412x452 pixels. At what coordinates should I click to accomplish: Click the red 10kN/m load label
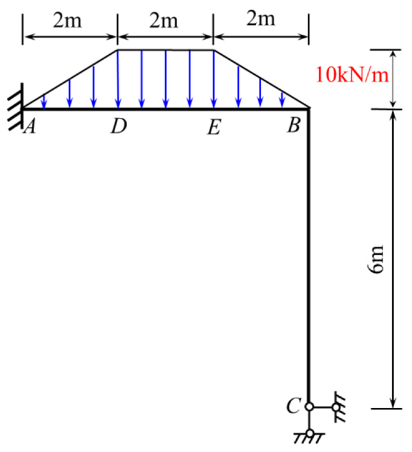[x=352, y=74]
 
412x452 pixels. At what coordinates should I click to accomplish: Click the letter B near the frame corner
[x=294, y=125]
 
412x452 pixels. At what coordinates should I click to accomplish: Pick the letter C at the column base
[x=293, y=405]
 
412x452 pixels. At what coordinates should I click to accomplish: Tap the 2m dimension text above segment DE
[x=163, y=21]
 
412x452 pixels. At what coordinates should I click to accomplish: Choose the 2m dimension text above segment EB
[x=261, y=19]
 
